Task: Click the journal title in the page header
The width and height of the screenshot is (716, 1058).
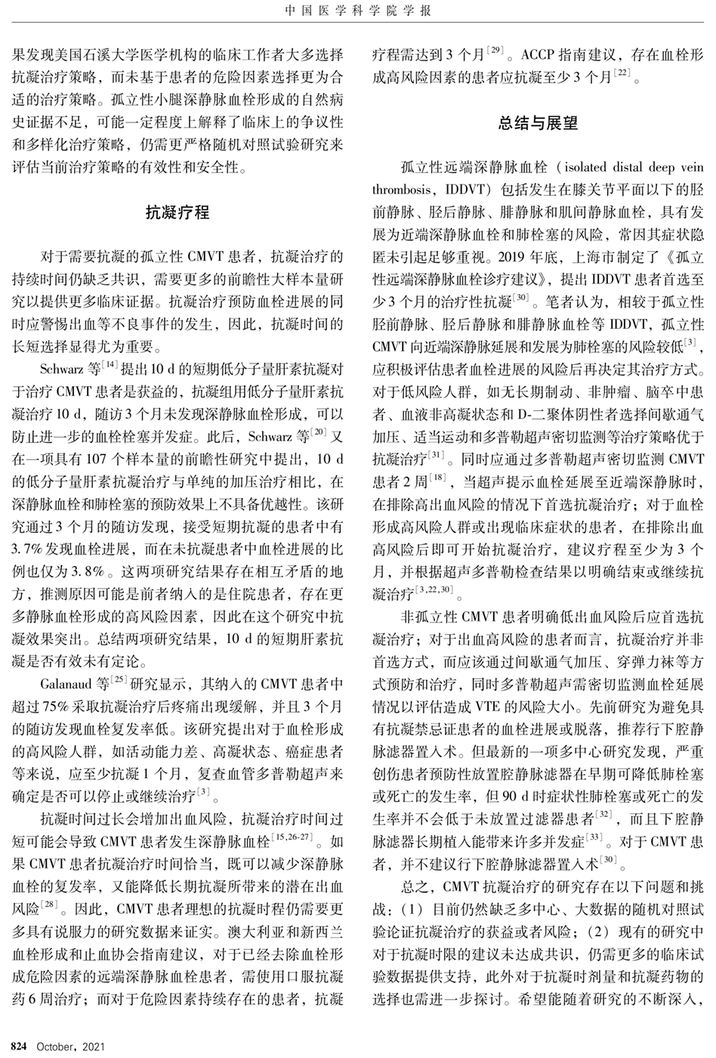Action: (x=358, y=11)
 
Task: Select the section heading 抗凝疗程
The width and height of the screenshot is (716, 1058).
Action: (x=177, y=212)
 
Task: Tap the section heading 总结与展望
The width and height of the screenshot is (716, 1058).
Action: (x=537, y=123)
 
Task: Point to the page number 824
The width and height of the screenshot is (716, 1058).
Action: (x=19, y=1047)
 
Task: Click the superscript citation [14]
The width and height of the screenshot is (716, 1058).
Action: (x=112, y=364)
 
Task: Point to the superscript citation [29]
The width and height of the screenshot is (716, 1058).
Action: (x=495, y=50)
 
